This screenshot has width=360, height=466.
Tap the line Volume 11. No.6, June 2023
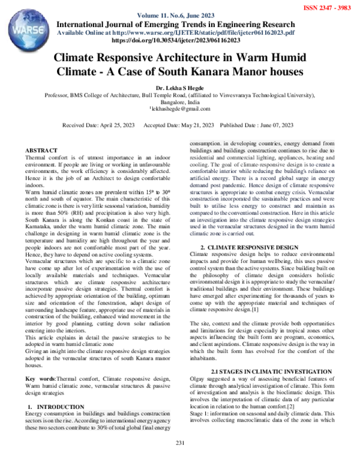click(179, 15)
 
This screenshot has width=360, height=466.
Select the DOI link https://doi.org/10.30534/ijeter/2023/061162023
click(179, 40)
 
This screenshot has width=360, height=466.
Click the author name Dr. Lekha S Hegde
click(179, 86)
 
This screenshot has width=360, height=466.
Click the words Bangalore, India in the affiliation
click(179, 102)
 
